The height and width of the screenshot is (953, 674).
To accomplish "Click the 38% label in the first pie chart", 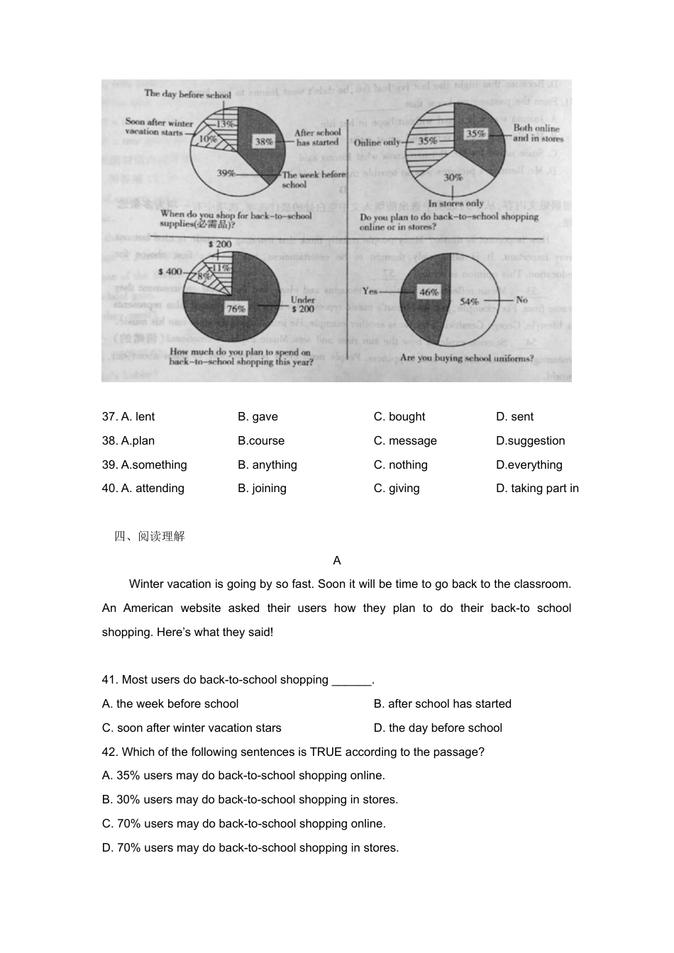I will click(x=264, y=142).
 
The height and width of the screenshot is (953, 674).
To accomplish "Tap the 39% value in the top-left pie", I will click(x=226, y=173).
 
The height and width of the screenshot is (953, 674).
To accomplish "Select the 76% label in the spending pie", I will click(x=236, y=308).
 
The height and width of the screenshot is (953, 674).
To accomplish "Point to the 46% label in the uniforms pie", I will click(x=429, y=292).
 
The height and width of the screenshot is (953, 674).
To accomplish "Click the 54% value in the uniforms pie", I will click(x=469, y=301).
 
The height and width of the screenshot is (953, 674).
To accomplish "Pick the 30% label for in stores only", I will click(x=453, y=177).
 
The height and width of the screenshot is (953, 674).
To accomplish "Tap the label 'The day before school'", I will click(x=188, y=94).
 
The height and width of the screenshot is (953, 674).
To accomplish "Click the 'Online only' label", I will click(x=377, y=142).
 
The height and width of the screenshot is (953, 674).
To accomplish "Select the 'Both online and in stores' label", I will click(x=538, y=133).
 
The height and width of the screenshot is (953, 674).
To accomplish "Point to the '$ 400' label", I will click(x=170, y=272).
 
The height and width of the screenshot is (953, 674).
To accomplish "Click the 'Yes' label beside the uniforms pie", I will click(x=370, y=291).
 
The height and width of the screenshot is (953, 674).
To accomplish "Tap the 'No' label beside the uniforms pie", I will click(x=522, y=300).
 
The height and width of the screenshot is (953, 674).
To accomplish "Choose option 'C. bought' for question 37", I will click(x=399, y=416).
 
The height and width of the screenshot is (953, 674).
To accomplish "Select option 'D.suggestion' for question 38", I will click(x=530, y=440).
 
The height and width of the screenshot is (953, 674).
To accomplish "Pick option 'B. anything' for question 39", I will click(x=267, y=464).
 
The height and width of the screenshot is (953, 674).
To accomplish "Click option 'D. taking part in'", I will click(x=537, y=488).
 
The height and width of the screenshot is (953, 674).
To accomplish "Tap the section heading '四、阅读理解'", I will click(x=150, y=536).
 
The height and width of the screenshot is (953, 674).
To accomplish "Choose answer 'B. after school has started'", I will click(x=442, y=703).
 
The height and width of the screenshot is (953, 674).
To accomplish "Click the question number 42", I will click(x=109, y=752).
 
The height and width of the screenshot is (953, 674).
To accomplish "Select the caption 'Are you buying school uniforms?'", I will click(x=467, y=358).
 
